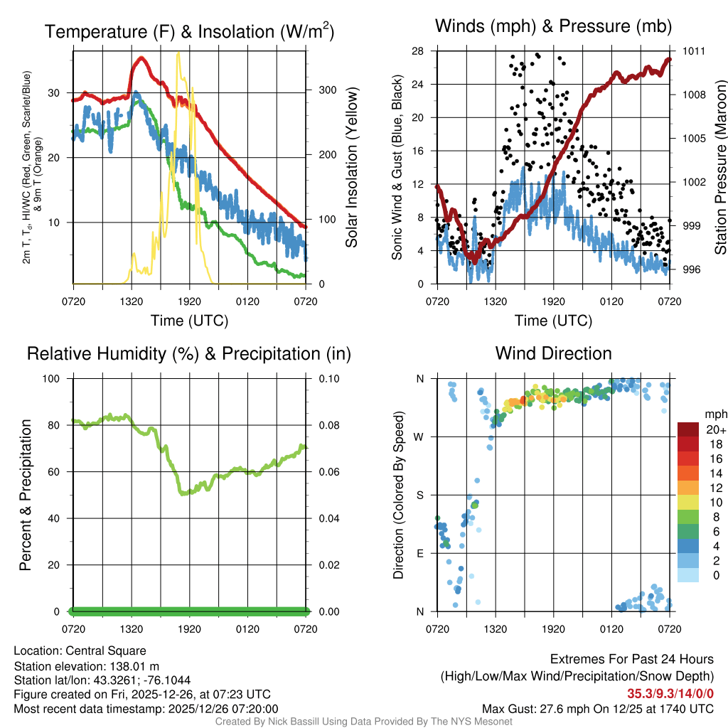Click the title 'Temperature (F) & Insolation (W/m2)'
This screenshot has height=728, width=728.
pyautogui.click(x=189, y=31)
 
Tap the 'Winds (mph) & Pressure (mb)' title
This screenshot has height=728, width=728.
pyautogui.click(x=554, y=26)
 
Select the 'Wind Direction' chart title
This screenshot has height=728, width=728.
pyautogui.click(x=554, y=353)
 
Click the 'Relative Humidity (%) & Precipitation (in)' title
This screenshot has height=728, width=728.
pyautogui.click(x=189, y=353)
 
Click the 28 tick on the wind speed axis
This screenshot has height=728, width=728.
pyautogui.click(x=417, y=51)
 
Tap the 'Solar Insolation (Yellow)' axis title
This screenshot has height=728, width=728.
pyautogui.click(x=351, y=168)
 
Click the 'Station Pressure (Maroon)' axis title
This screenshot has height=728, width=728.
pyautogui.click(x=719, y=168)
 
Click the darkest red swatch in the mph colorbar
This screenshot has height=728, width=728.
pyautogui.click(x=687, y=429)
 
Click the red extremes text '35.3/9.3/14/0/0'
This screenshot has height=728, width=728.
pyautogui.click(x=670, y=694)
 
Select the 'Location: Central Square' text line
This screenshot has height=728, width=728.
pyautogui.click(x=80, y=651)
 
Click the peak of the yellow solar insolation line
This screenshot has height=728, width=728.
pyautogui.click(x=178, y=53)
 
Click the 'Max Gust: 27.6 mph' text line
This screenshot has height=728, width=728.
pyautogui.click(x=598, y=709)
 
